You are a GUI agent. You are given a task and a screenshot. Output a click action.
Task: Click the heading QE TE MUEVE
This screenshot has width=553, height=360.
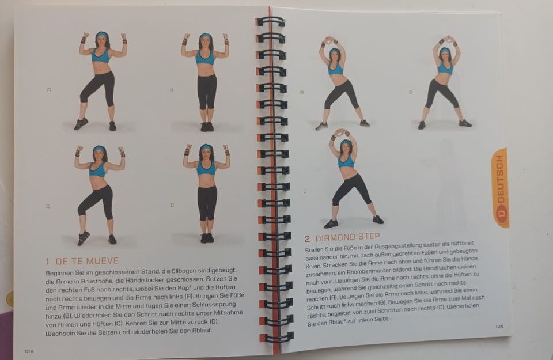point(87,262)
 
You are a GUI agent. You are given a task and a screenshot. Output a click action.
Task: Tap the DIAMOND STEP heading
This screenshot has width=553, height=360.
point(347,237)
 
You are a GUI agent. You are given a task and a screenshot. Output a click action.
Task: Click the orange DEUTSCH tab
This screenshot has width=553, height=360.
point(501,188)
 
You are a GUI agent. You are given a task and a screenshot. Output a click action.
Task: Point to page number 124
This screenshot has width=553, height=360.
point(29,351)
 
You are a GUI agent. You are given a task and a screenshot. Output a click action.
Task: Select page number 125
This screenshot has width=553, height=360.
point(499,327)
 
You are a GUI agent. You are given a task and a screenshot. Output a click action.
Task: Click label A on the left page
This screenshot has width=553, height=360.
point(49,90)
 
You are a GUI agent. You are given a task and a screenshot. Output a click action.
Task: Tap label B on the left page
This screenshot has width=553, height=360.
point(172,90)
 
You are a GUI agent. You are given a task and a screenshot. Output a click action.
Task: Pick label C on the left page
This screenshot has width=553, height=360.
point(48,206)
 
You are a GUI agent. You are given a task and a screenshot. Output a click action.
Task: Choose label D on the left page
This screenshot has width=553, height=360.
point(172,205)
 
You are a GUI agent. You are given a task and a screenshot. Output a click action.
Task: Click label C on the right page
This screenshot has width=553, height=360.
point(305,191)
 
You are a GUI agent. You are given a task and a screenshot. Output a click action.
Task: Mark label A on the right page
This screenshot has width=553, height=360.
point(301,92)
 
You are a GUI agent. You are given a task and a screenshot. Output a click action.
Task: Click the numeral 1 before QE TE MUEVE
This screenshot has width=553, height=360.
point(48,262)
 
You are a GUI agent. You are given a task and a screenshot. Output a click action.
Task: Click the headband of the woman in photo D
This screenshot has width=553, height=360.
point(206,147)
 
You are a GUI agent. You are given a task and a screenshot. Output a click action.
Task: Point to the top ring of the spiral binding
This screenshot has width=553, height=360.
point(271,22)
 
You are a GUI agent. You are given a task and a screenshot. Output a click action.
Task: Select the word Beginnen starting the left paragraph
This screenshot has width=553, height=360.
point(59,273)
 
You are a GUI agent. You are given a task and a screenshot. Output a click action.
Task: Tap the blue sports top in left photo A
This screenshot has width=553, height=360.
point(101,56)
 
